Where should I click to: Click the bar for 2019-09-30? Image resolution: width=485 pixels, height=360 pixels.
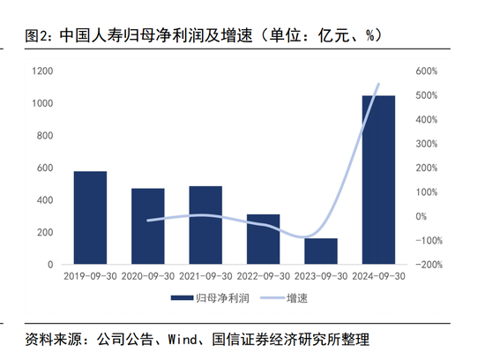90,218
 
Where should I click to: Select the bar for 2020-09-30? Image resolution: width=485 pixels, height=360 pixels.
148,226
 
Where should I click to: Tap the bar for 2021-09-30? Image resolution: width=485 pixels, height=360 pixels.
205,225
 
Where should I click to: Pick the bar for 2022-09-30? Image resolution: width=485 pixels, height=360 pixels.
263,239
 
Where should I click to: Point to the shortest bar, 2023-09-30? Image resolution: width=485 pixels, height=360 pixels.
321,251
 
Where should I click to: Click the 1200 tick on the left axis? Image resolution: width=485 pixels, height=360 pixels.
41,71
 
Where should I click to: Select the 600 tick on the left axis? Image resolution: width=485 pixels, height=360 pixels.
44,168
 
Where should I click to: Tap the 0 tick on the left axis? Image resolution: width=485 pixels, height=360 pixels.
49,265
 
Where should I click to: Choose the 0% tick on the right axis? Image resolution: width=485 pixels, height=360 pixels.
422,216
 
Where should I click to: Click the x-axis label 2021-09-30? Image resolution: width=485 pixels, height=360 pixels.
205,276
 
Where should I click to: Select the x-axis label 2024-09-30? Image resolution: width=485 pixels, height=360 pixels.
378,276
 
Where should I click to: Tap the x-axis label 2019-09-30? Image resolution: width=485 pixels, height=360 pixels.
90,276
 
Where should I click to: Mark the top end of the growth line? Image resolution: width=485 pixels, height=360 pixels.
379,85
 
